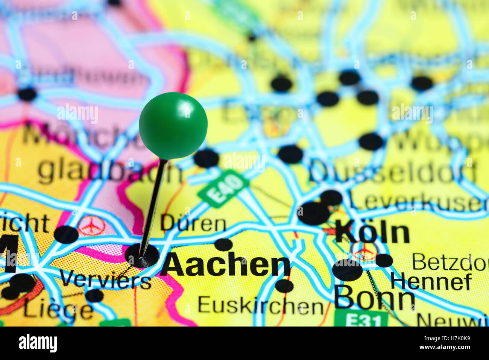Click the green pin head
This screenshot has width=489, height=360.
[x=173, y=125]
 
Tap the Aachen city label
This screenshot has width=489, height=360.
[x=225, y=265]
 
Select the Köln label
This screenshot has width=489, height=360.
[x=372, y=232]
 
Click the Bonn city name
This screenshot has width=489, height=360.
[x=374, y=298]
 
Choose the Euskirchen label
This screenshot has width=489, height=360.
[x=260, y=305]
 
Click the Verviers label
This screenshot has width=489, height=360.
[x=105, y=280]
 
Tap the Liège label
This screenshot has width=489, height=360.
[x=58, y=310]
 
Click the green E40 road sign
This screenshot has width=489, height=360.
[x=223, y=188]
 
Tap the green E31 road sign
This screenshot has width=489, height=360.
[x=361, y=320]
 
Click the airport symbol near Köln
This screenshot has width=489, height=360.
[x=364, y=250]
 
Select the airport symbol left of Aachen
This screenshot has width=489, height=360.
[x=91, y=225]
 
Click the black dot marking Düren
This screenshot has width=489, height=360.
[x=223, y=245]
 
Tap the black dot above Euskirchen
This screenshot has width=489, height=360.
[x=284, y=286]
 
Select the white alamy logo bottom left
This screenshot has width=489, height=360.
[x=38, y=343]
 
